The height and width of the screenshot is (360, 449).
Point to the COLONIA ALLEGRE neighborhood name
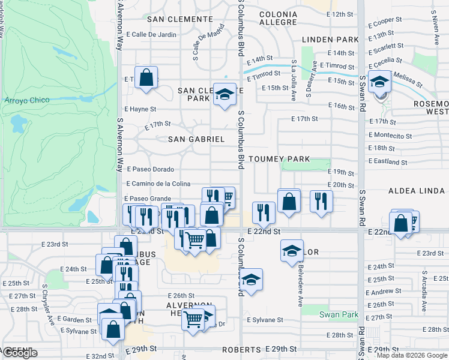(x=278, y=18)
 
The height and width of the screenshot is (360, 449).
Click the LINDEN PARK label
(x=330, y=40)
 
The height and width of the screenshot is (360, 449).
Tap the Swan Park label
(x=339, y=314)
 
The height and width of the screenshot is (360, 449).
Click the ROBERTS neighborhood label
(x=241, y=349)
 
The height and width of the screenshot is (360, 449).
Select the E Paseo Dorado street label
(x=149, y=169)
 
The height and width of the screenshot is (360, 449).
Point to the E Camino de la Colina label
(x=157, y=184)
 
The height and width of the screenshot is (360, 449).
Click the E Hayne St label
(x=140, y=109)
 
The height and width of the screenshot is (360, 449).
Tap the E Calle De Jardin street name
(x=151, y=34)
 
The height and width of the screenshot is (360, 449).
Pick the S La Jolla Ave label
(x=294, y=71)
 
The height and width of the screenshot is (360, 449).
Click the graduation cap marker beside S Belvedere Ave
(x=292, y=250)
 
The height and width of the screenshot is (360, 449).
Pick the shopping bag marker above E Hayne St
(x=146, y=77)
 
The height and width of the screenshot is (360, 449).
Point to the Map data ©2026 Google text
(x=412, y=355)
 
